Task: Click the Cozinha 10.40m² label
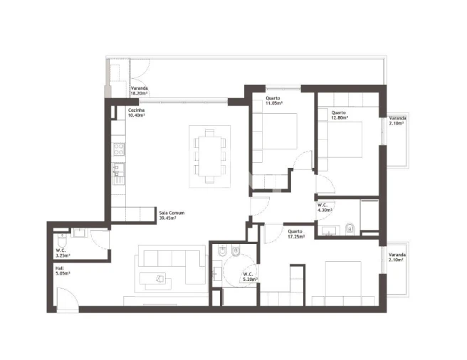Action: click(x=138, y=113)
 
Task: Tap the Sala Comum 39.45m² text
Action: click(x=168, y=216)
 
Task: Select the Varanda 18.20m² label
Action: click(x=139, y=90)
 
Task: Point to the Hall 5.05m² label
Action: click(x=63, y=270)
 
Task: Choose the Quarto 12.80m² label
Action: click(x=339, y=115)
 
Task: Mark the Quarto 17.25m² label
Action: click(x=297, y=233)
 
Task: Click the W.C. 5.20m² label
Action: click(x=248, y=277)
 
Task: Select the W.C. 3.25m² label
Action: click(x=63, y=253)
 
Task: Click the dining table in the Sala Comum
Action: click(x=209, y=157)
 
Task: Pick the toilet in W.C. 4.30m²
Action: click(x=350, y=229)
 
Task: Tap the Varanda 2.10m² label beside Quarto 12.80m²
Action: click(x=397, y=120)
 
